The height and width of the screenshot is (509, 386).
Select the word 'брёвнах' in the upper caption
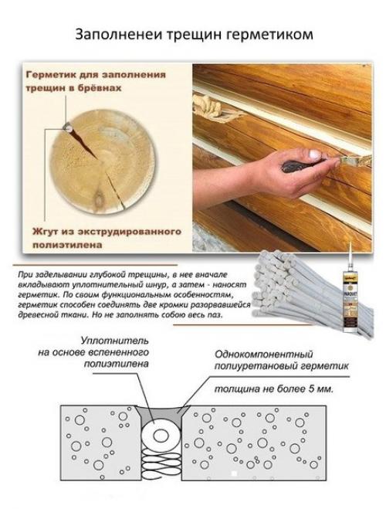[103, 89]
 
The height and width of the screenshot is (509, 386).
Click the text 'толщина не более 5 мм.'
[278, 389]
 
